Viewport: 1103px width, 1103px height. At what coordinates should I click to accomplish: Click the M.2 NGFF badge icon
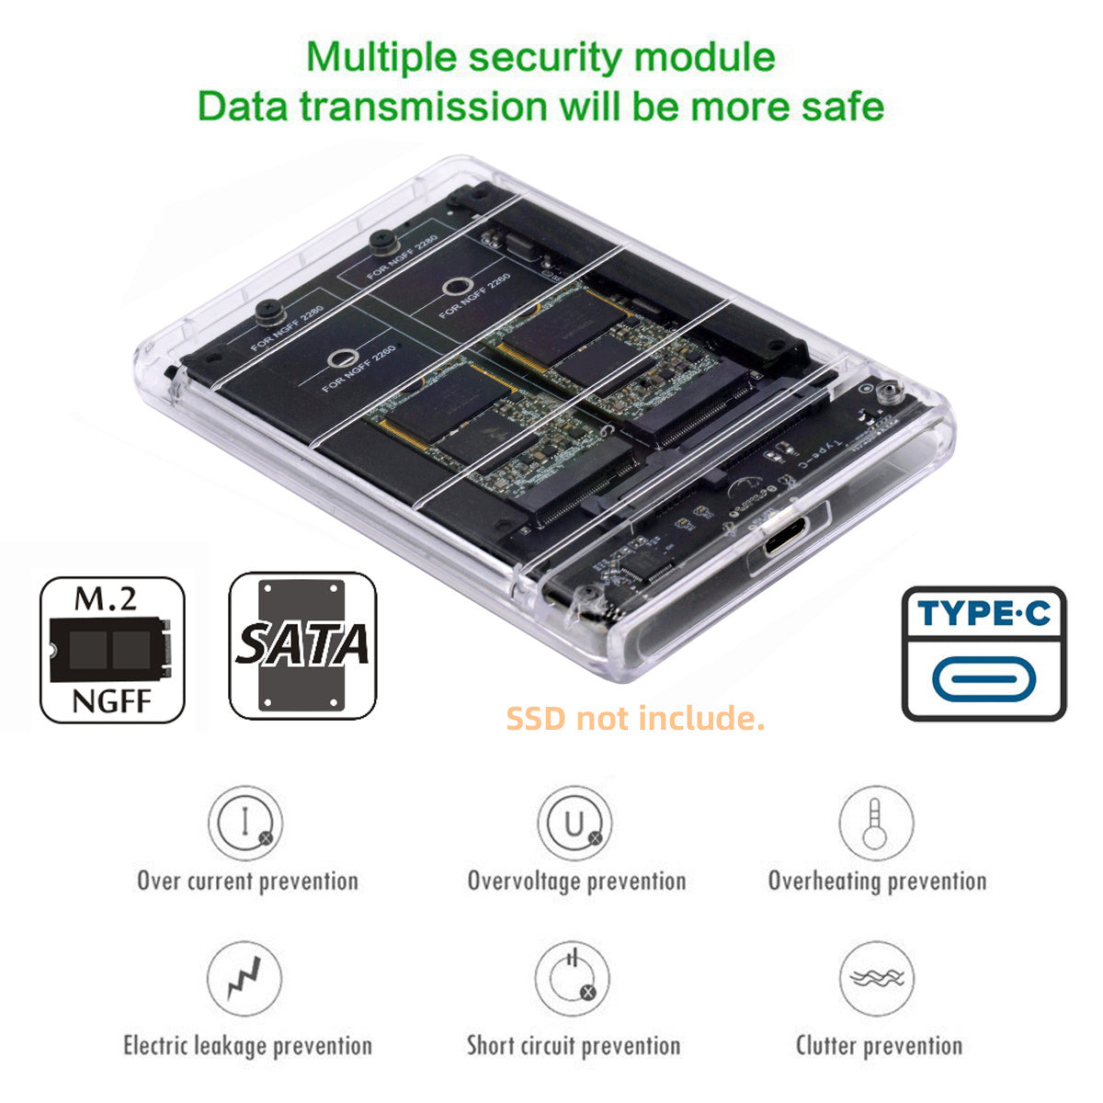pos(112,650)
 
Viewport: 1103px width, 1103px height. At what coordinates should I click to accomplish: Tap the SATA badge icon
pos(302,645)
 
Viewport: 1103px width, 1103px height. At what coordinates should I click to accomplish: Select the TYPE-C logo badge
pos(984,654)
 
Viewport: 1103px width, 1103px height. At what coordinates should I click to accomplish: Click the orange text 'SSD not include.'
pos(635,718)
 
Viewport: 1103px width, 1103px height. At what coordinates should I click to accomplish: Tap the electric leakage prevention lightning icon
pos(244,979)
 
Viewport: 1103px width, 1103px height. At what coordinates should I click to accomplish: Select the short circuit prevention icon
pos(573,979)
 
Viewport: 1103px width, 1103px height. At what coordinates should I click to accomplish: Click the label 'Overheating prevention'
pos(877,881)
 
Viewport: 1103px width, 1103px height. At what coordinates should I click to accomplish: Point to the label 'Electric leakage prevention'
pos(247,1045)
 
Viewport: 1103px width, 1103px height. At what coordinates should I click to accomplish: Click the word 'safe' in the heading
pos(836,106)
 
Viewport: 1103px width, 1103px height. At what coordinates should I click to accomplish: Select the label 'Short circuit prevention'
pos(574,1045)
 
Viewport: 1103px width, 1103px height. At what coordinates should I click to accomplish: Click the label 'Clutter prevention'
pos(879,1045)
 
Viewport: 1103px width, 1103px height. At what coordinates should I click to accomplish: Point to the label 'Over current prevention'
pos(247,881)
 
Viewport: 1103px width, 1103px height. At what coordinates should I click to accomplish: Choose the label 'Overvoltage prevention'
pos(576,881)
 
